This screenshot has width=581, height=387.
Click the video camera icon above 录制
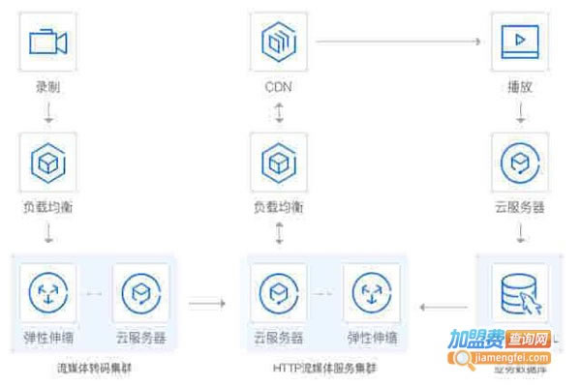coord(46,42)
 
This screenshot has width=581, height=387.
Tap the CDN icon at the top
coord(279,42)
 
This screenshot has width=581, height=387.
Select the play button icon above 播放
coord(520,42)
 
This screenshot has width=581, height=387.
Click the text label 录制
coord(46,87)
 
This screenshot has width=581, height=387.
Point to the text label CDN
coord(279,87)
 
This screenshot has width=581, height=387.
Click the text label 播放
coord(520,87)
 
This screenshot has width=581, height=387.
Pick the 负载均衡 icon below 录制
coord(46,163)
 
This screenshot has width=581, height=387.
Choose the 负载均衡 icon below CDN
coord(279,163)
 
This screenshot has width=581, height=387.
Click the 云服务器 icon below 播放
coord(520,163)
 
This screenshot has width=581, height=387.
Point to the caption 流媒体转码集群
coord(95,368)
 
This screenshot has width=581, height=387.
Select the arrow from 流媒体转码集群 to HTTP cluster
coord(206,304)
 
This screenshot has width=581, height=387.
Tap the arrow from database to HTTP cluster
coord(443,304)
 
